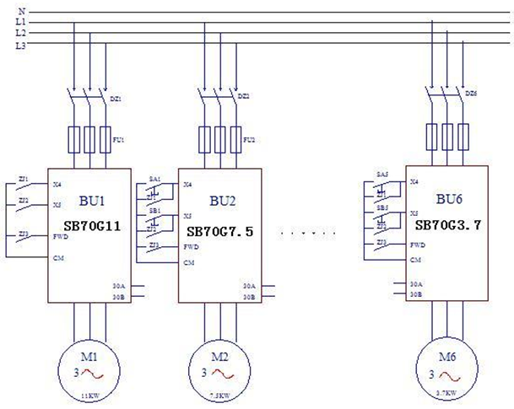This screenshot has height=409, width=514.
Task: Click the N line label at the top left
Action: tap(21, 10)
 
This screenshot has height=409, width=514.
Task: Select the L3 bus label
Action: tap(21, 46)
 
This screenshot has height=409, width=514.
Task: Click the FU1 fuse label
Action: tap(117, 139)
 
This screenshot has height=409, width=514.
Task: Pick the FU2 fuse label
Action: tap(247, 139)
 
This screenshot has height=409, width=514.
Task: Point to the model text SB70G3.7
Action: tap(449, 226)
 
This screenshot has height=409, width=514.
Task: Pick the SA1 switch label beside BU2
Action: tap(154, 180)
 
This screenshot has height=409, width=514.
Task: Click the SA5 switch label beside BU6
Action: tap(382, 175)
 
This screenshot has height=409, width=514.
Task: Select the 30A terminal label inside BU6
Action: tap(414, 283)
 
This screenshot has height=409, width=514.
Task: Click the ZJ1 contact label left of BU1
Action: tap(23, 179)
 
